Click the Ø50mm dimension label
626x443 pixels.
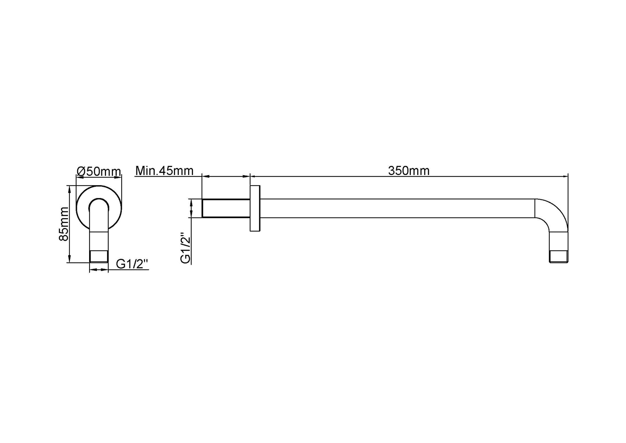tap(99, 171)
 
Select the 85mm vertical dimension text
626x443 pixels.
tap(64, 224)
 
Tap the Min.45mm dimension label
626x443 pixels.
tap(164, 171)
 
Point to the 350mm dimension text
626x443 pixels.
tap(409, 171)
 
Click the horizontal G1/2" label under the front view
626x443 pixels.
tap(132, 264)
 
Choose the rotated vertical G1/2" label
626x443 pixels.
tap(186, 248)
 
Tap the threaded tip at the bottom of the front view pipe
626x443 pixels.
tap(99, 256)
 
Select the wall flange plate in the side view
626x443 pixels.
tap(255, 208)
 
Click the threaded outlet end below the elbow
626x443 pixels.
tap(558, 257)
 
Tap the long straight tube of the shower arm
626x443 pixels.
tap(396, 208)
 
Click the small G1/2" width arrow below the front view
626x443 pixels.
tap(99, 270)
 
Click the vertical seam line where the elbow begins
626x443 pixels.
tap(535, 208)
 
